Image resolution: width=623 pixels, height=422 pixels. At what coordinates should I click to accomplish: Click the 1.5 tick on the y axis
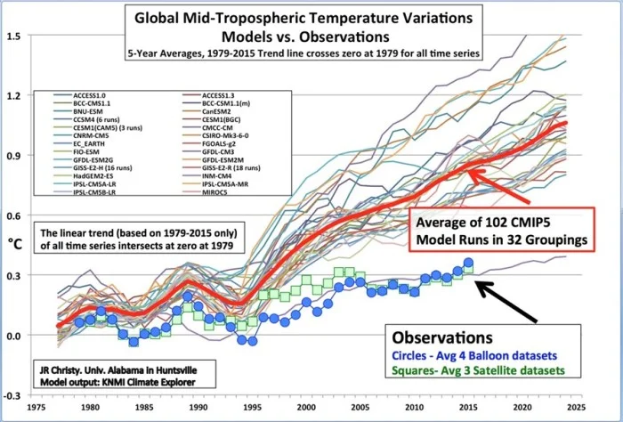[15, 37]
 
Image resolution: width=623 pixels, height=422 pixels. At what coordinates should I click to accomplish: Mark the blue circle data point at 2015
[468, 264]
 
